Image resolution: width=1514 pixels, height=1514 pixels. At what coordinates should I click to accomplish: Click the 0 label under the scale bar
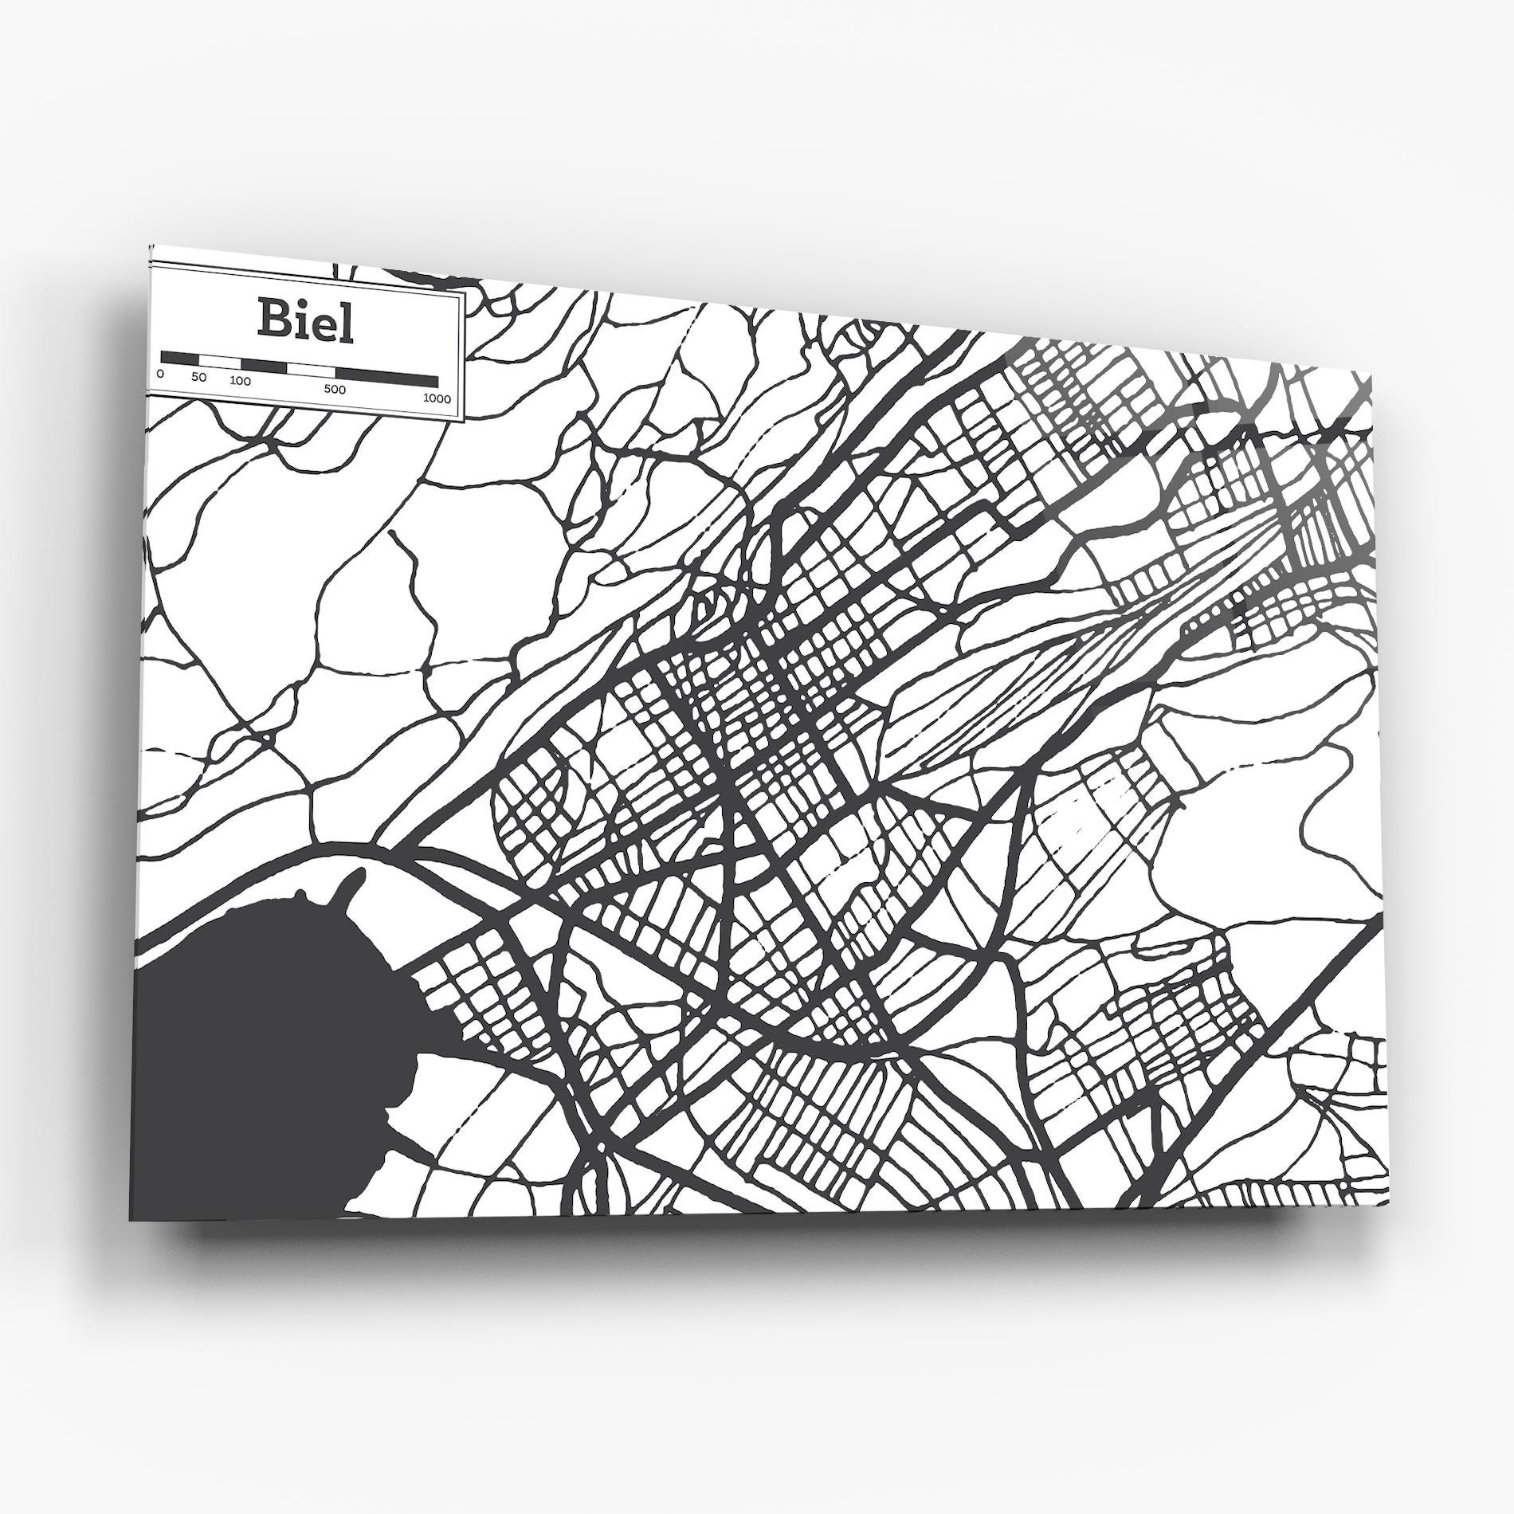[x=160, y=373]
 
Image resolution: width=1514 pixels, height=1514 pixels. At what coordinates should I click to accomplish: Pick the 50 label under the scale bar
[x=199, y=377]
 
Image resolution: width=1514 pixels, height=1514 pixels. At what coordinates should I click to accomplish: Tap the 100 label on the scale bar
[x=240, y=381]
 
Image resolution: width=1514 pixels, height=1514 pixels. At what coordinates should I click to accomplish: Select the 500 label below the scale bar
[x=335, y=390]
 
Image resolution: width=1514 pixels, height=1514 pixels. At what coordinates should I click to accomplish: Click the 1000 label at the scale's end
[x=437, y=398]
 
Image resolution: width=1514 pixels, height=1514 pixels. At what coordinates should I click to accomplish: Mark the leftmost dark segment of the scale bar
[x=179, y=358]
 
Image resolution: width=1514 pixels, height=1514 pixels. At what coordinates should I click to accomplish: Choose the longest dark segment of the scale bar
[x=387, y=378]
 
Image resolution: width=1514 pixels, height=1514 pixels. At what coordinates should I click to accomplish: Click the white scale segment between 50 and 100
[x=220, y=363]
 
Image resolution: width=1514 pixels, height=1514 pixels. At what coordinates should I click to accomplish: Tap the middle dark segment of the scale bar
[x=264, y=367]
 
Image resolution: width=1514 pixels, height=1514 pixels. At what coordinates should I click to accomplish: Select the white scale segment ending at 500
[x=312, y=371]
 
